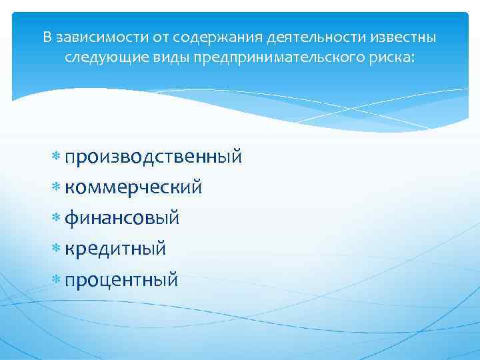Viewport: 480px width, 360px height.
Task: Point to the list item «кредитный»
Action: pos(115,249)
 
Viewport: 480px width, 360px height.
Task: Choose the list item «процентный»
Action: pos(121,279)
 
